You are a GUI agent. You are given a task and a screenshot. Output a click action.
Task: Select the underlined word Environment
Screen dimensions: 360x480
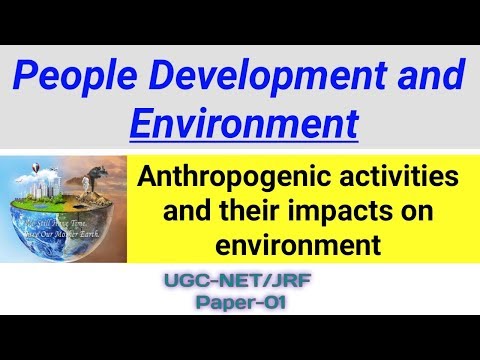[x=244, y=123]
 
